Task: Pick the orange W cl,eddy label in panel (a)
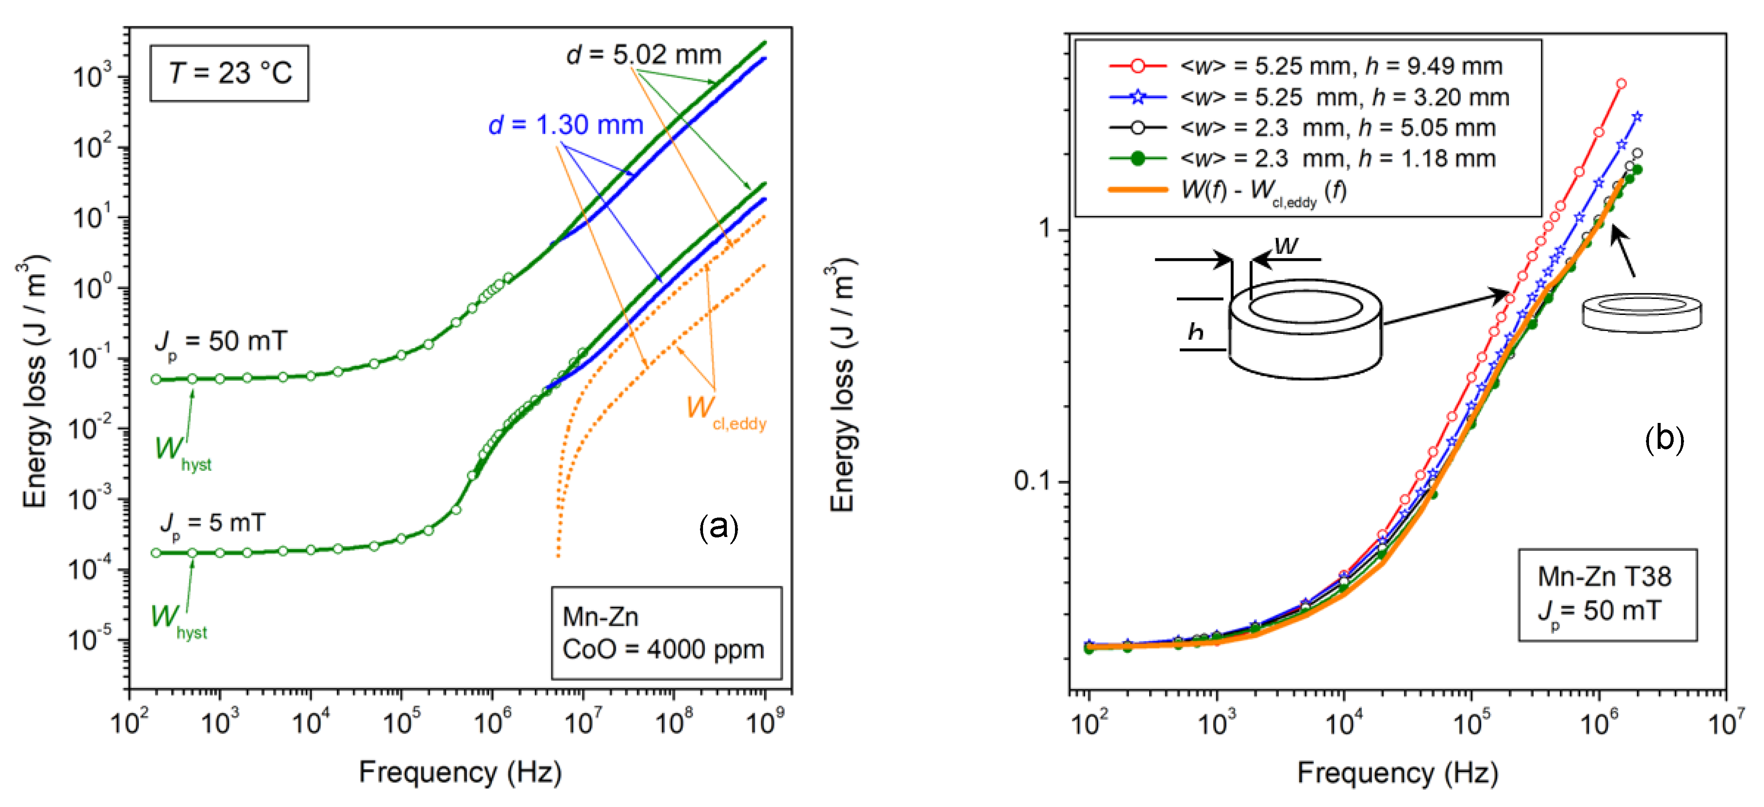(x=725, y=411)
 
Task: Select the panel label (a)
(x=718, y=528)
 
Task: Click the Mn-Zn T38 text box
(x=1607, y=594)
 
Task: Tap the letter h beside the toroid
(x=1195, y=332)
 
